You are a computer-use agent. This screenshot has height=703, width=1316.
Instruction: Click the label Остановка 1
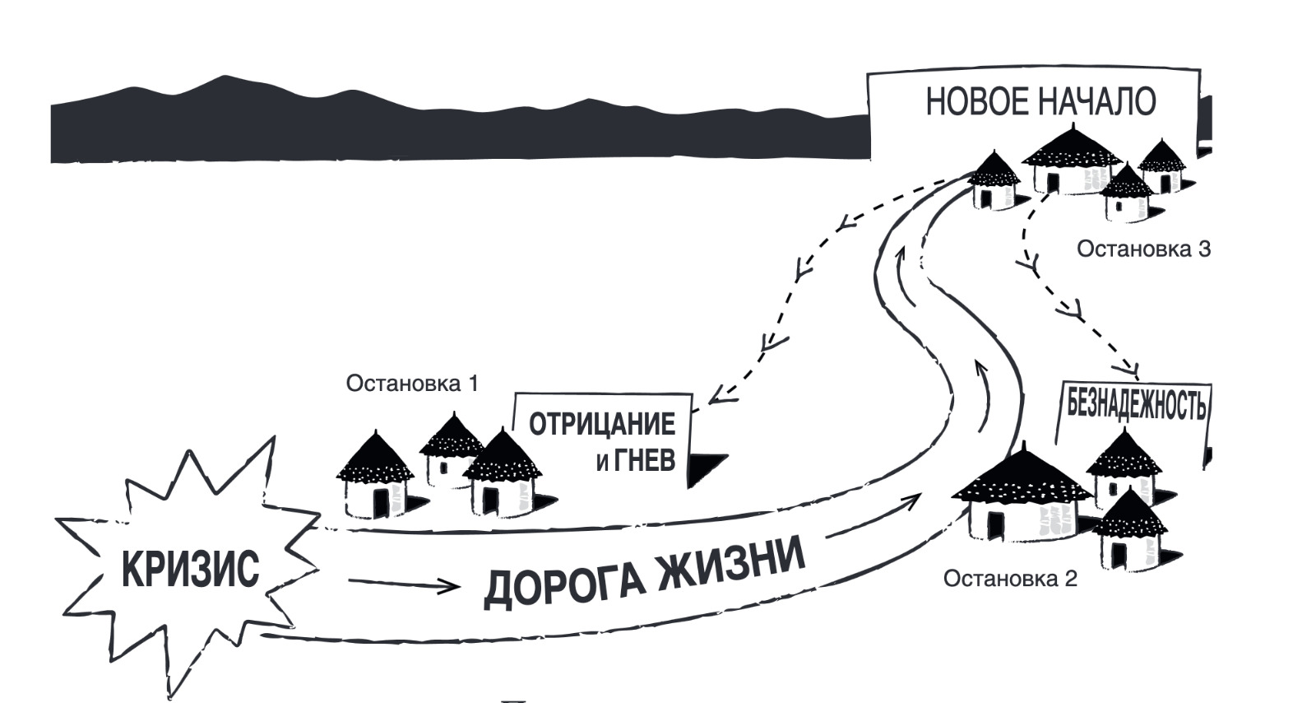[x=411, y=384]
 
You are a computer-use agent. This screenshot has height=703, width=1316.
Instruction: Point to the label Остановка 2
[x=1009, y=579]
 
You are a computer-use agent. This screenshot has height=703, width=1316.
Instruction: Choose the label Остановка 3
[x=1143, y=249]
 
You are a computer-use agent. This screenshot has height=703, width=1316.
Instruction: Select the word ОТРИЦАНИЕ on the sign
[x=602, y=425]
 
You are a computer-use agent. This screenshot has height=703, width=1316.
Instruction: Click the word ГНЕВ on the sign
[x=646, y=460]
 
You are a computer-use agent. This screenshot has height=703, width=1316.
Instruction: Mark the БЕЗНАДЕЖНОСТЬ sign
[x=1136, y=404]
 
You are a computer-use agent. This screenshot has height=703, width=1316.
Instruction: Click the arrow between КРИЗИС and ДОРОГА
[x=403, y=584]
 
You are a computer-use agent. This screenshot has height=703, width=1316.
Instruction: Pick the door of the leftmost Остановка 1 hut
[x=381, y=501]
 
